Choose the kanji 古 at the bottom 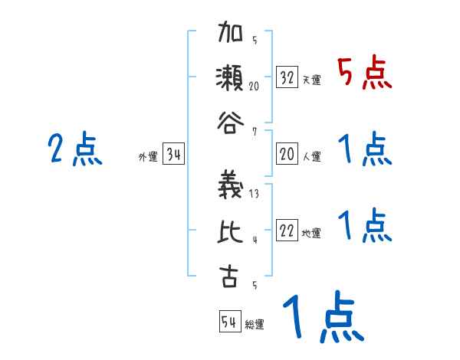point(228,273)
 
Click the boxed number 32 point(287,77)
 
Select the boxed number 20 point(287,155)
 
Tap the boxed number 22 point(287,231)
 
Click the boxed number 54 point(229,322)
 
